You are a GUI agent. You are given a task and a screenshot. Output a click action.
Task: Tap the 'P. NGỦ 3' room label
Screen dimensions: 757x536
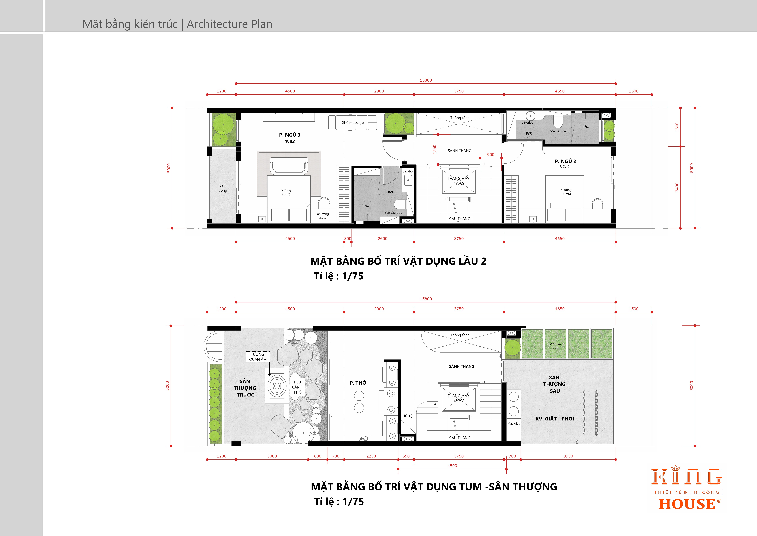[289, 135]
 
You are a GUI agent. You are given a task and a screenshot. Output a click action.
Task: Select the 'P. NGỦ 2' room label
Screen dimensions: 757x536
[565, 161]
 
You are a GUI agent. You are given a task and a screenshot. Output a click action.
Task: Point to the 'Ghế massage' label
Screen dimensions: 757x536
[352, 122]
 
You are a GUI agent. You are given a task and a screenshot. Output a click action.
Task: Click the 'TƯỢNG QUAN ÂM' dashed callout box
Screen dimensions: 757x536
[258, 357]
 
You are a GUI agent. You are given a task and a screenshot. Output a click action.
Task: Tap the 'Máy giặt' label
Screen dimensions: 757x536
[513, 423]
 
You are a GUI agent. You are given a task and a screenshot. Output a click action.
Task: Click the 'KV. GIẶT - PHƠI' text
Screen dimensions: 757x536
[555, 419]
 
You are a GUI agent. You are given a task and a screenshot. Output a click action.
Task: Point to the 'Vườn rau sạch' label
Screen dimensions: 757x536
[556, 346]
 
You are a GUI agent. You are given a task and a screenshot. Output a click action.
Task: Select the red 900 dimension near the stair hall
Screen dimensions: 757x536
[491, 154]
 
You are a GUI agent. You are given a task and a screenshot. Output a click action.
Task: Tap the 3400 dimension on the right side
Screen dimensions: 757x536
[677, 187]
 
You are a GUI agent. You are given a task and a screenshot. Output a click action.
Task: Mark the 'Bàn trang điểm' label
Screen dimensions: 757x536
[322, 216]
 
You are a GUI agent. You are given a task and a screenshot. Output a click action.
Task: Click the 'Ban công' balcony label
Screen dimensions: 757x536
[223, 188]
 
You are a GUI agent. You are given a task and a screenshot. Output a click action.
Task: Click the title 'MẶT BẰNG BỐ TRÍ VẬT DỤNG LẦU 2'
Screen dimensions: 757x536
[398, 261]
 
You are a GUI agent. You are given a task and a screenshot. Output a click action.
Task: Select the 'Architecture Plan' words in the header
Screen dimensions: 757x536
[229, 24]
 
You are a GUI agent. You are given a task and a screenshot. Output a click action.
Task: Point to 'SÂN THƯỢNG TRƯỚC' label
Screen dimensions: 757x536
[245, 388]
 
